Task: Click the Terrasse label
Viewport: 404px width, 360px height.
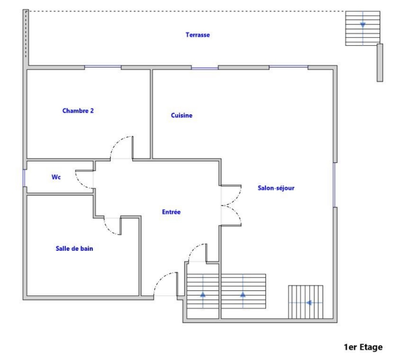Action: point(198,35)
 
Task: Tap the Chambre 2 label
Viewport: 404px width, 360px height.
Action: point(78,111)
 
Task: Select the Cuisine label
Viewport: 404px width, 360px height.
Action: point(182,115)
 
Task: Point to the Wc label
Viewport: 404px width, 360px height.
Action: point(56,177)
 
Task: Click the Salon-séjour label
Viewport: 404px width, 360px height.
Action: point(276,188)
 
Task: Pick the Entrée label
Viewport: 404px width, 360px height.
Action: point(172,212)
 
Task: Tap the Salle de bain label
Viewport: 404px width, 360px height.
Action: point(74,248)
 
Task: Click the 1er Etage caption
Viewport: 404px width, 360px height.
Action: point(363,347)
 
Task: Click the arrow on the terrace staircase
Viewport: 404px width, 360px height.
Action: point(363,25)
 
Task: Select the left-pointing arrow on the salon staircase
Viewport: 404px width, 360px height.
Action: point(309,303)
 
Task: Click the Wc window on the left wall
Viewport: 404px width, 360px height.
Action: point(24,178)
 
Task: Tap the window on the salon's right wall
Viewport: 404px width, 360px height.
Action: point(335,185)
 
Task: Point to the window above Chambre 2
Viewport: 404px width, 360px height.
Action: point(103,67)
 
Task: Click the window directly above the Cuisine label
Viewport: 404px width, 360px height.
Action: point(205,68)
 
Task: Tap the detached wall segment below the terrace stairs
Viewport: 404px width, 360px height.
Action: point(380,63)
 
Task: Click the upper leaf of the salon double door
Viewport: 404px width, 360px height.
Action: point(231,195)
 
